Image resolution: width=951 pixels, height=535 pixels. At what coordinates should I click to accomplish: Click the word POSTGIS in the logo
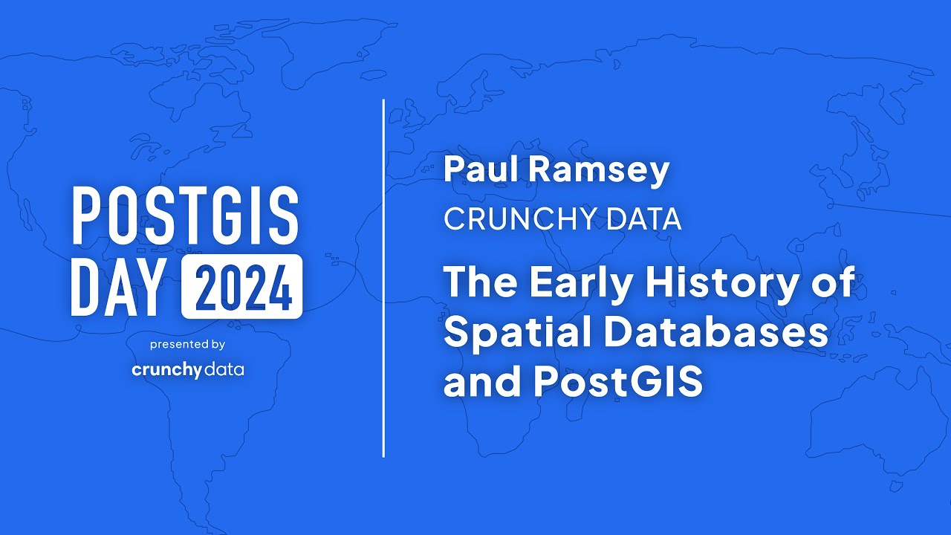coord(185,214)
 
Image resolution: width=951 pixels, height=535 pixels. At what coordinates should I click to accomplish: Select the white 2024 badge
coord(241,287)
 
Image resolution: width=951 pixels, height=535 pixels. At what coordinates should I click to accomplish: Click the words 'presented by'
coord(187,345)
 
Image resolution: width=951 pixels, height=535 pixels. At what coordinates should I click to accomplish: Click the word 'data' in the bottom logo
coord(224,369)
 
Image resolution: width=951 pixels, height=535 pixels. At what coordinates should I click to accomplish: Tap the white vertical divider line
coord(383,278)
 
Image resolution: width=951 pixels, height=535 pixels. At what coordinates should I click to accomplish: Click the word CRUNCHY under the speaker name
coord(511,219)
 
